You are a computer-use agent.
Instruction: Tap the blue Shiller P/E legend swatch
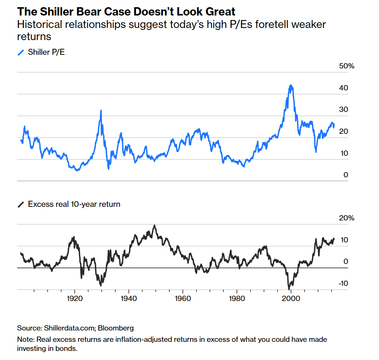tap(21, 52)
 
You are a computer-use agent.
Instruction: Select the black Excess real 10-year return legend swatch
tap(21, 205)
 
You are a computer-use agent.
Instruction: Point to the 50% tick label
tap(347, 66)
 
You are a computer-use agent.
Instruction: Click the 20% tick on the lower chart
tap(347, 218)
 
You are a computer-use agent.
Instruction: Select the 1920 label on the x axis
tap(74, 298)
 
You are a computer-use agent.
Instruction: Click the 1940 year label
tap(129, 298)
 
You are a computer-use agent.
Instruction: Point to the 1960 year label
tap(183, 298)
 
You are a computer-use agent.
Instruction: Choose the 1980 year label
tap(237, 298)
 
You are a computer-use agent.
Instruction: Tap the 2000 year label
tap(291, 298)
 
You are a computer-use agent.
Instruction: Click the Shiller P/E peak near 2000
tap(290, 85)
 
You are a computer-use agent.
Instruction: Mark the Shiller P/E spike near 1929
tap(101, 110)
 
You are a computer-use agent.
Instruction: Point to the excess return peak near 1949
tap(154, 225)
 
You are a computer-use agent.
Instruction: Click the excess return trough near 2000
tap(289, 289)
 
